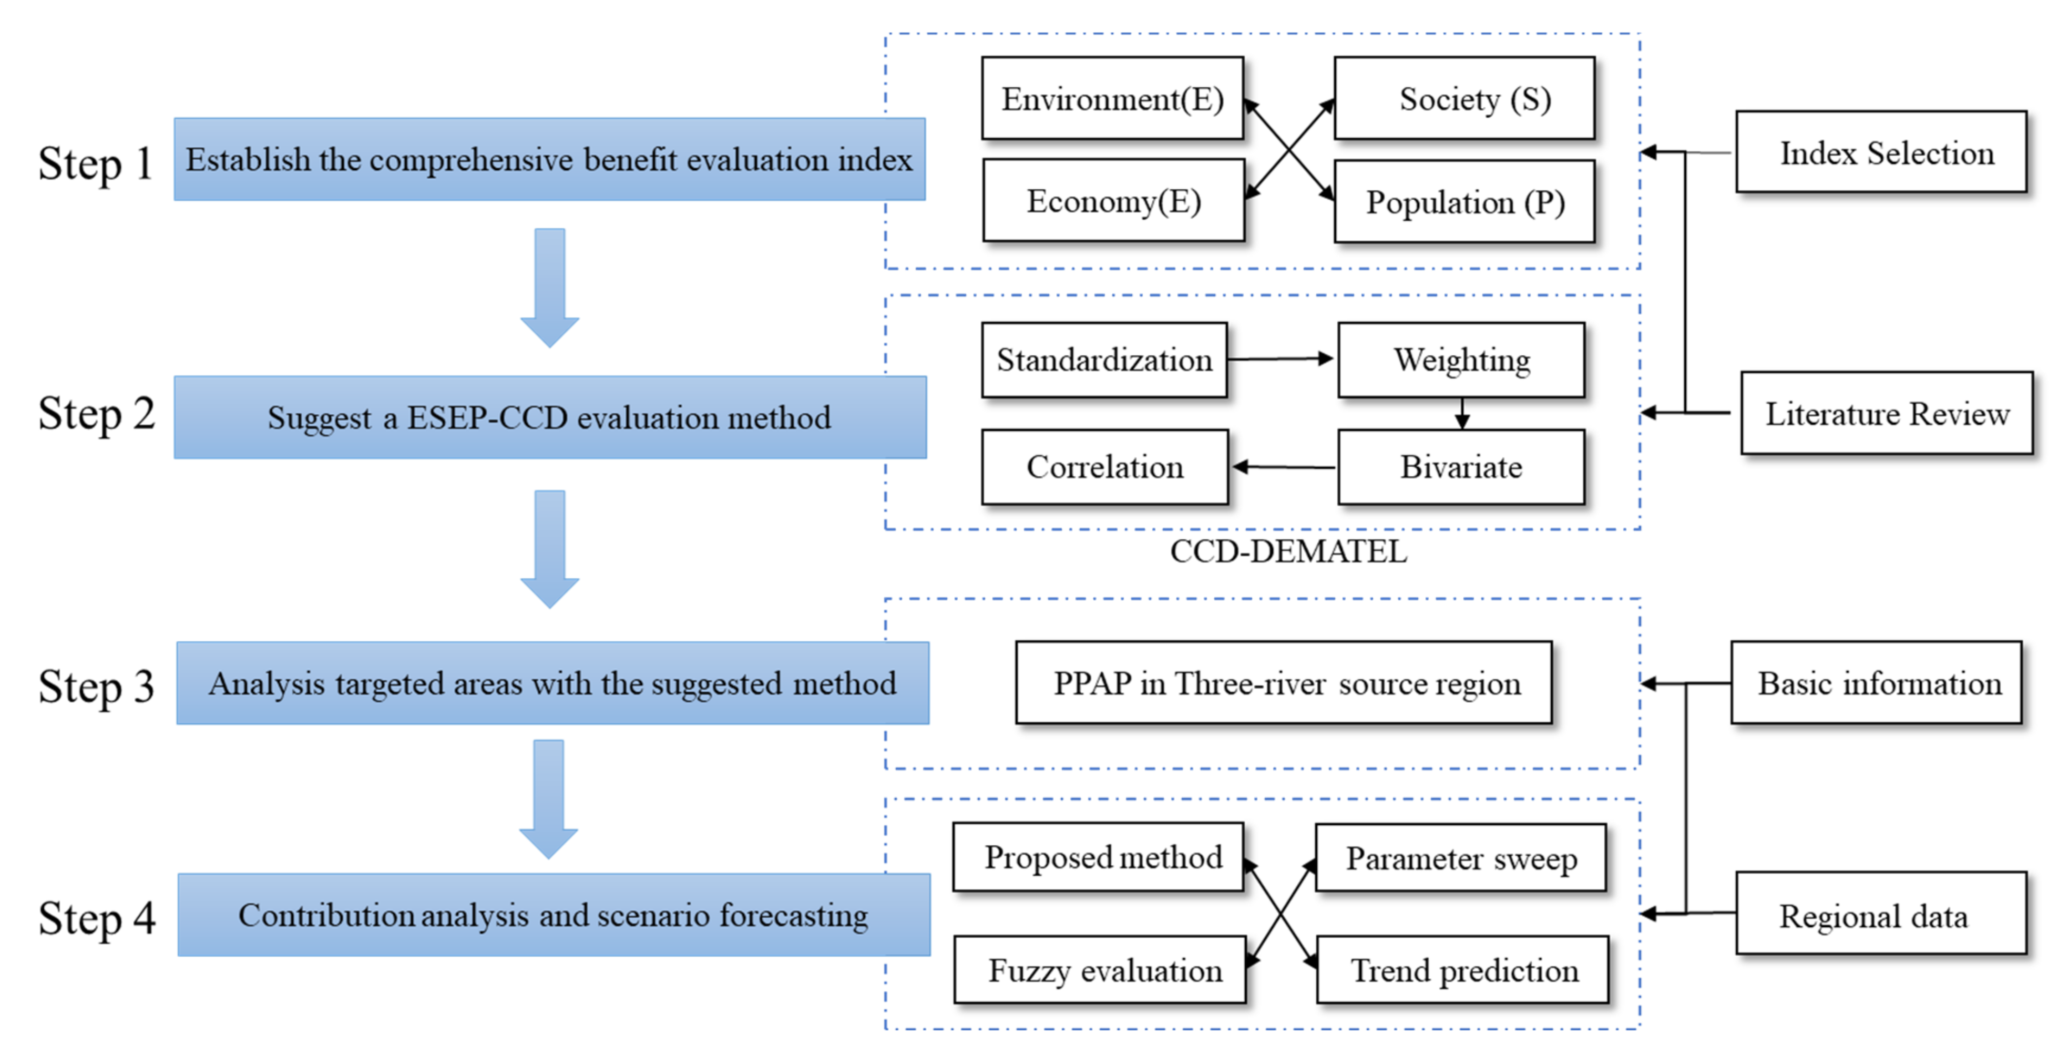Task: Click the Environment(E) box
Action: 1112,99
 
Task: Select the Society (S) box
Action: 1464,99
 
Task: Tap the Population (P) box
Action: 1464,202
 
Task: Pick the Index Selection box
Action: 1880,152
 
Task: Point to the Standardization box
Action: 1104,360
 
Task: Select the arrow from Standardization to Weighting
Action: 1281,359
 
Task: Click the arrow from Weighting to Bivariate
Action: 1462,414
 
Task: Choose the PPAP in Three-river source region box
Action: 1284,683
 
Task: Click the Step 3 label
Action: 96,687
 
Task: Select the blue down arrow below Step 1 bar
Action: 549,288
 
